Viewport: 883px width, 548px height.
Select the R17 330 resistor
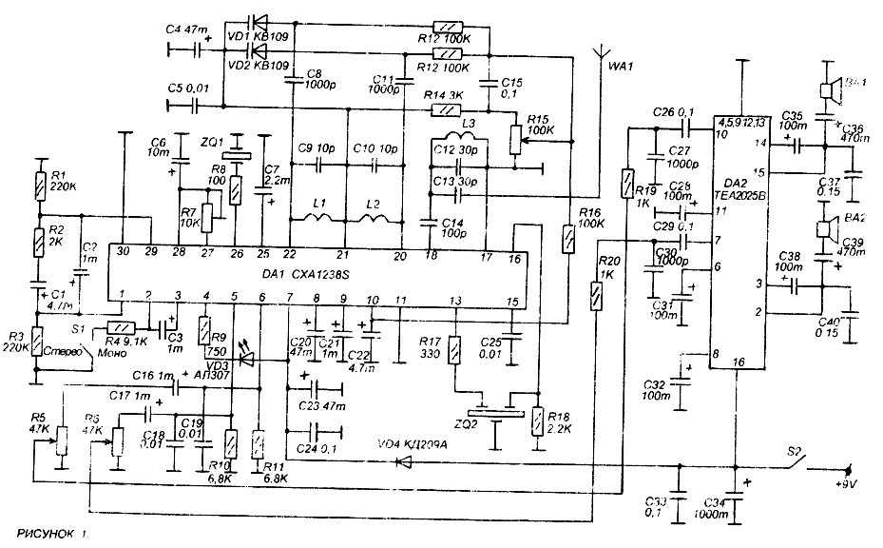tap(455, 346)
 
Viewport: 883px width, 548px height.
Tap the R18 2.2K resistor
tap(538, 420)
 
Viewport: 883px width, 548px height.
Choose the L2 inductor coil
tap(374, 223)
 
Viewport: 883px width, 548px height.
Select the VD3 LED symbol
tap(249, 360)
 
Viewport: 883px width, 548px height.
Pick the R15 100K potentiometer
tap(516, 138)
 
